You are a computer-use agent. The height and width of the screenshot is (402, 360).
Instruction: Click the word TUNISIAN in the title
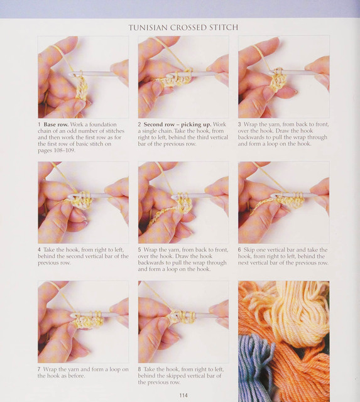[148, 28]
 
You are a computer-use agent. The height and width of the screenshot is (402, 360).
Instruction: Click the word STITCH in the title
[224, 28]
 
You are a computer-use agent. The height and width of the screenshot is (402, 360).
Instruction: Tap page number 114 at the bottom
[183, 395]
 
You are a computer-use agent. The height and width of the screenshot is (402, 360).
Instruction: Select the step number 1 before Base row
[39, 124]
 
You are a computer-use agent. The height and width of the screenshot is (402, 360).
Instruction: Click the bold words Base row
[56, 124]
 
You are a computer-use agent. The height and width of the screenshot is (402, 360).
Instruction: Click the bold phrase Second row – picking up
[177, 124]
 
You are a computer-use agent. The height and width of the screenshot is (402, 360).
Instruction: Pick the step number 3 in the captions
[239, 124]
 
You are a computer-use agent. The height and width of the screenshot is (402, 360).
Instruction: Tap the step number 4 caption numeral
[39, 250]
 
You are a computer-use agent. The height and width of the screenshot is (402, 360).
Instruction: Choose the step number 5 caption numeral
[139, 250]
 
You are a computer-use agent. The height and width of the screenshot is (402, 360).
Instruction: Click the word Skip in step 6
[248, 250]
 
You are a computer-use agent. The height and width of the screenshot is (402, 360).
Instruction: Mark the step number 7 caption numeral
[39, 369]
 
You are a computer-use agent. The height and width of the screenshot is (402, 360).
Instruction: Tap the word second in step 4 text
[75, 256]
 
